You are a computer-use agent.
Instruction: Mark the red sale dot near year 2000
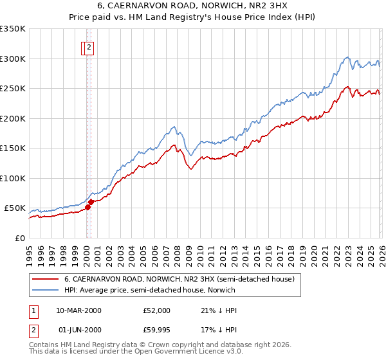pyautogui.click(x=90, y=202)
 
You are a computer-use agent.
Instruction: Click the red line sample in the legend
pyautogui.click(x=46, y=280)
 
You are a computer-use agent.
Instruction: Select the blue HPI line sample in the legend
pyautogui.click(x=46, y=291)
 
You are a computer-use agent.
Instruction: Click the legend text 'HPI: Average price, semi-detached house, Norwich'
pyautogui.click(x=150, y=291)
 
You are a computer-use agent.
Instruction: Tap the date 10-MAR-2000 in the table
pyautogui.click(x=78, y=310)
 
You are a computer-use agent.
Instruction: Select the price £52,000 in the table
pyautogui.click(x=157, y=310)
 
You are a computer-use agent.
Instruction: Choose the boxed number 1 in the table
pyautogui.click(x=33, y=310)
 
